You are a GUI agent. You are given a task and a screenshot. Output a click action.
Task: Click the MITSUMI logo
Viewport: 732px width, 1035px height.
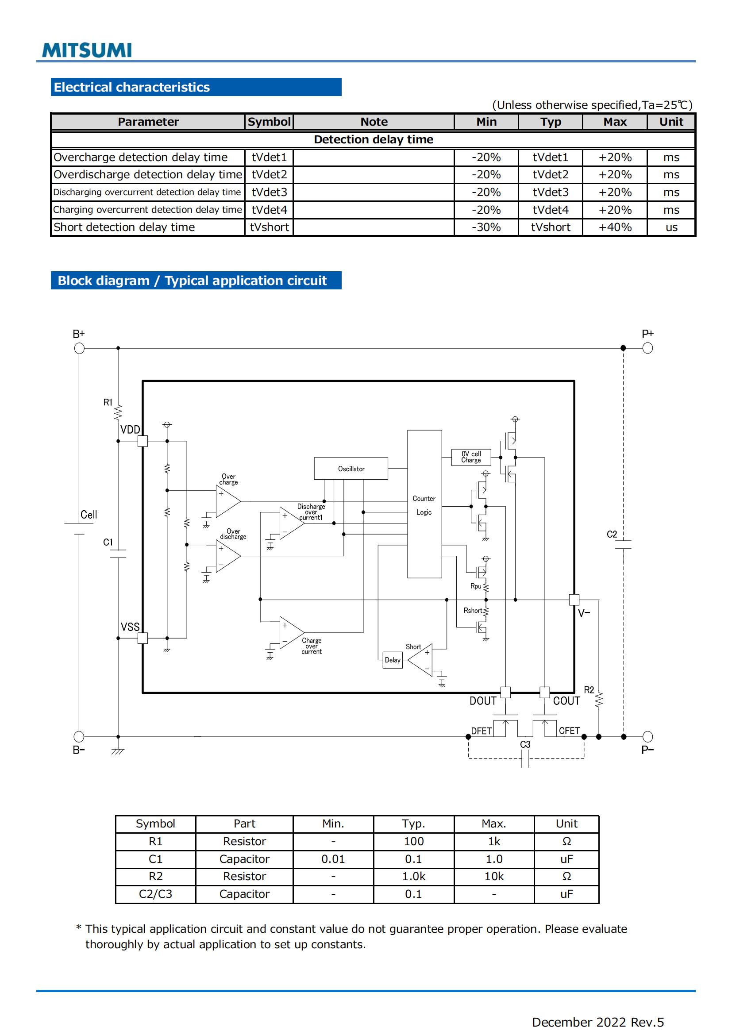[87, 50]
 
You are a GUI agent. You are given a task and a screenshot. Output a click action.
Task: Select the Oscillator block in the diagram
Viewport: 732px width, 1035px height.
[351, 468]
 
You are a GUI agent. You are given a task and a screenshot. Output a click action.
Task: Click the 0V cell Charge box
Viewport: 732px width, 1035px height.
[470, 457]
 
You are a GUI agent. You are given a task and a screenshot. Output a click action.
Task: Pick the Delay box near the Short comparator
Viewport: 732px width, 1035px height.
[392, 660]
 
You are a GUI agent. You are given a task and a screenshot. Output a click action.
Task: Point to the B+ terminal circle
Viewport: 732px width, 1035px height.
[79, 348]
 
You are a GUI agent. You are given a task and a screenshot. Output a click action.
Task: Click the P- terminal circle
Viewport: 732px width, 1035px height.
[647, 737]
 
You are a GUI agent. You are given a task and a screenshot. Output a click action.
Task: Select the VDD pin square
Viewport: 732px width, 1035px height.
[143, 441]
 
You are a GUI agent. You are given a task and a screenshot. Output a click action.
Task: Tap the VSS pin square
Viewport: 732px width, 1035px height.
[143, 638]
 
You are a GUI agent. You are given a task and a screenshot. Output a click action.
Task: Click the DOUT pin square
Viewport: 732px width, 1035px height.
[505, 692]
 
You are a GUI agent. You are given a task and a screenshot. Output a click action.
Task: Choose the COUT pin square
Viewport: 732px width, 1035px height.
[544, 692]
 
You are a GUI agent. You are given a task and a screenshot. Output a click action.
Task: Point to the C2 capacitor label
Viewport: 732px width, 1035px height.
[611, 534]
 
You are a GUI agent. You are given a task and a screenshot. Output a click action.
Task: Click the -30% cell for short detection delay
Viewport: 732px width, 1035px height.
[486, 227]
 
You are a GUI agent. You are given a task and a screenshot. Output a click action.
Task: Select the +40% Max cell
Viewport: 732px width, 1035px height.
[614, 227]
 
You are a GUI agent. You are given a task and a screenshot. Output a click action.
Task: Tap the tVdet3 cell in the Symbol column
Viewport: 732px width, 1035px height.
[269, 192]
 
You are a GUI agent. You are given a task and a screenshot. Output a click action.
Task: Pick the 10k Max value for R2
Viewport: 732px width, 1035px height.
[493, 876]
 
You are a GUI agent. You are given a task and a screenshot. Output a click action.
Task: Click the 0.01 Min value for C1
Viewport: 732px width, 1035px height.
[333, 859]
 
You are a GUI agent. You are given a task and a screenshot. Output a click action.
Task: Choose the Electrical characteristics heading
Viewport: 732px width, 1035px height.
[131, 87]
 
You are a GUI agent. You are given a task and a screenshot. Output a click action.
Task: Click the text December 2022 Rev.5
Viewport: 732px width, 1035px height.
[597, 1022]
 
